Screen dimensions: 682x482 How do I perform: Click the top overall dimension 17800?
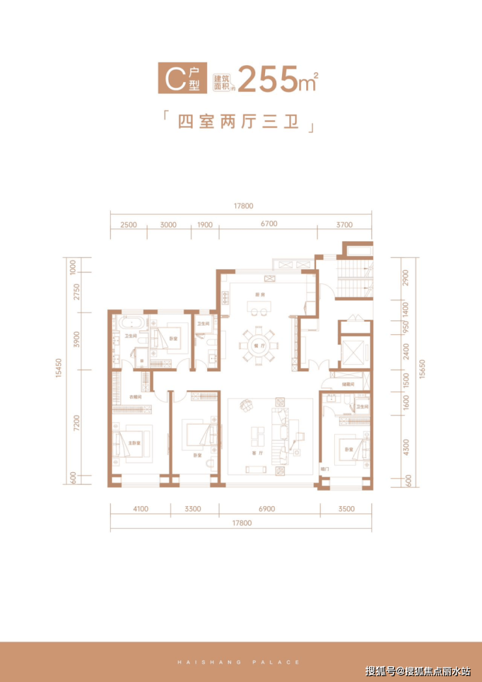pos(242,206)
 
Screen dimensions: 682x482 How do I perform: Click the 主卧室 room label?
pos(134,443)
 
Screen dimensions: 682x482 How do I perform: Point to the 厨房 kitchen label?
pos(259,294)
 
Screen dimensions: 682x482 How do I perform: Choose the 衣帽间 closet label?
pos(135,396)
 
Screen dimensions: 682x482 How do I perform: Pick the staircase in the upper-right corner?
pos(355,277)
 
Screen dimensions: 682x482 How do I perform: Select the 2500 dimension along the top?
pos(128,224)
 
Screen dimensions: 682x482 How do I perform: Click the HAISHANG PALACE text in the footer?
pos(240,662)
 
